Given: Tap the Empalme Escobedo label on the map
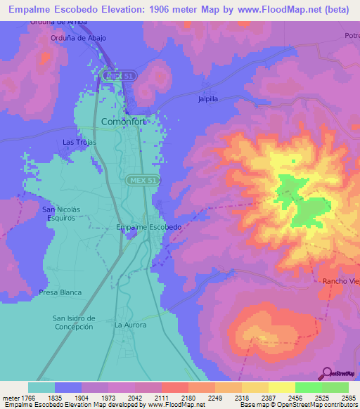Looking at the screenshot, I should click(149, 227).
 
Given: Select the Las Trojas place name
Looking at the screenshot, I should click(79, 142).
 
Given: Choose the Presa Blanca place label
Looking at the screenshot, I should click(60, 292).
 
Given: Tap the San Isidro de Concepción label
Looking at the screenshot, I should click(73, 323).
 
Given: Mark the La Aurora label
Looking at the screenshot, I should click(131, 325).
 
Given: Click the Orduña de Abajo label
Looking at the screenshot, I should click(78, 38).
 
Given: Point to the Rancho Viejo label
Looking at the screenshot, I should click(340, 281).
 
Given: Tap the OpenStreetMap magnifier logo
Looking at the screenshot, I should click(326, 372).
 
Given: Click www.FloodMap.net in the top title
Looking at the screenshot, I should click(281, 10).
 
